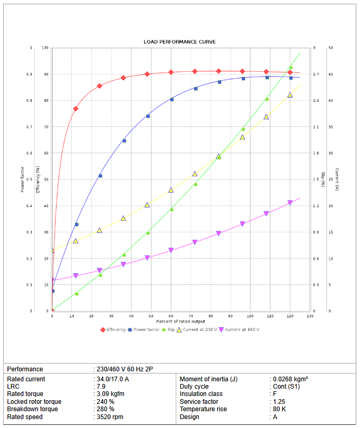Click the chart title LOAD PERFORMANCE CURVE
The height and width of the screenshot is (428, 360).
180,41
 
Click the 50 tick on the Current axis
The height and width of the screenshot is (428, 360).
330,48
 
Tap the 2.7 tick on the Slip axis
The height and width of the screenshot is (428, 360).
315,74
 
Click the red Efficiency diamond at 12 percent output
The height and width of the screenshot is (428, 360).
75,109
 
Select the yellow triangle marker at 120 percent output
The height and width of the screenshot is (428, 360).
290,95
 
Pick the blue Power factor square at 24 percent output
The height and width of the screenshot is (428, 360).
100,176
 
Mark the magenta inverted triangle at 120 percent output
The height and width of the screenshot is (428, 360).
290,203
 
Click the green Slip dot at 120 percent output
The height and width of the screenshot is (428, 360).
291,67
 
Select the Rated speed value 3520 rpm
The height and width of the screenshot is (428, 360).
108,417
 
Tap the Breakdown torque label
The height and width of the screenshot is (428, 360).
32,409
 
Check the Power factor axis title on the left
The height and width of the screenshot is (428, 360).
23,179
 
